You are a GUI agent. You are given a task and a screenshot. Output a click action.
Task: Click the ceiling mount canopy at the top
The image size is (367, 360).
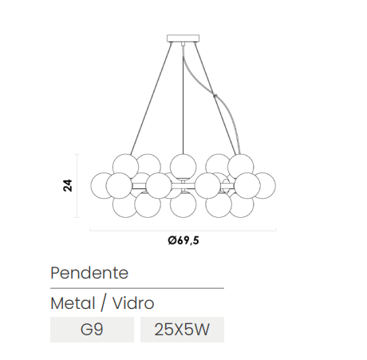183,38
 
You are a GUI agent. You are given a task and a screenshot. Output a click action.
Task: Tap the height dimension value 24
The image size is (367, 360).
68,185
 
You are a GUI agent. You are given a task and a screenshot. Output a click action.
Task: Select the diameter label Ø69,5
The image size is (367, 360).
183,240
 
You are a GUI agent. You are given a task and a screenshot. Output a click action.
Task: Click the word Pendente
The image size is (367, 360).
89,273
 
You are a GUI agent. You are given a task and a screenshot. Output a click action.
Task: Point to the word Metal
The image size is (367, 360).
73,303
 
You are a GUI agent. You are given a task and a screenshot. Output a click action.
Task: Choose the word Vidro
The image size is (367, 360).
133,303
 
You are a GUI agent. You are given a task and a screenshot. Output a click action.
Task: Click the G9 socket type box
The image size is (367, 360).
92,330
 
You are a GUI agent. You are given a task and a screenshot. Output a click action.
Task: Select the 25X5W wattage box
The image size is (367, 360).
182,330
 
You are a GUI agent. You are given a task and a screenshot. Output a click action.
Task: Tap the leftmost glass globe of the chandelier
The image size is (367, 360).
101,185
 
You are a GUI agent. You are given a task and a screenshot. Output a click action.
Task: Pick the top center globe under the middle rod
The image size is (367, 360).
183,166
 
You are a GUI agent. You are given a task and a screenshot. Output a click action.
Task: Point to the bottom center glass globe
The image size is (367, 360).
183,204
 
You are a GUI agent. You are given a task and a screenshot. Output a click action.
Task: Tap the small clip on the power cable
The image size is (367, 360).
215,95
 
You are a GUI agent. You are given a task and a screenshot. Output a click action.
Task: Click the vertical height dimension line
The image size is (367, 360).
77,186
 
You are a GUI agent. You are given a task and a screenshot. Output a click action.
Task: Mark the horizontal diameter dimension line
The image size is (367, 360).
183,230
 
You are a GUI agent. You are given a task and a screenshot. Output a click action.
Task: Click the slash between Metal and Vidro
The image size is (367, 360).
104,303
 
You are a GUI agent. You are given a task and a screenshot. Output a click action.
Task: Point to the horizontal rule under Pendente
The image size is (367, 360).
137,288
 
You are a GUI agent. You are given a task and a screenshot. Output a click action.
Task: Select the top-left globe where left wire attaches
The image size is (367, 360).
125,167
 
